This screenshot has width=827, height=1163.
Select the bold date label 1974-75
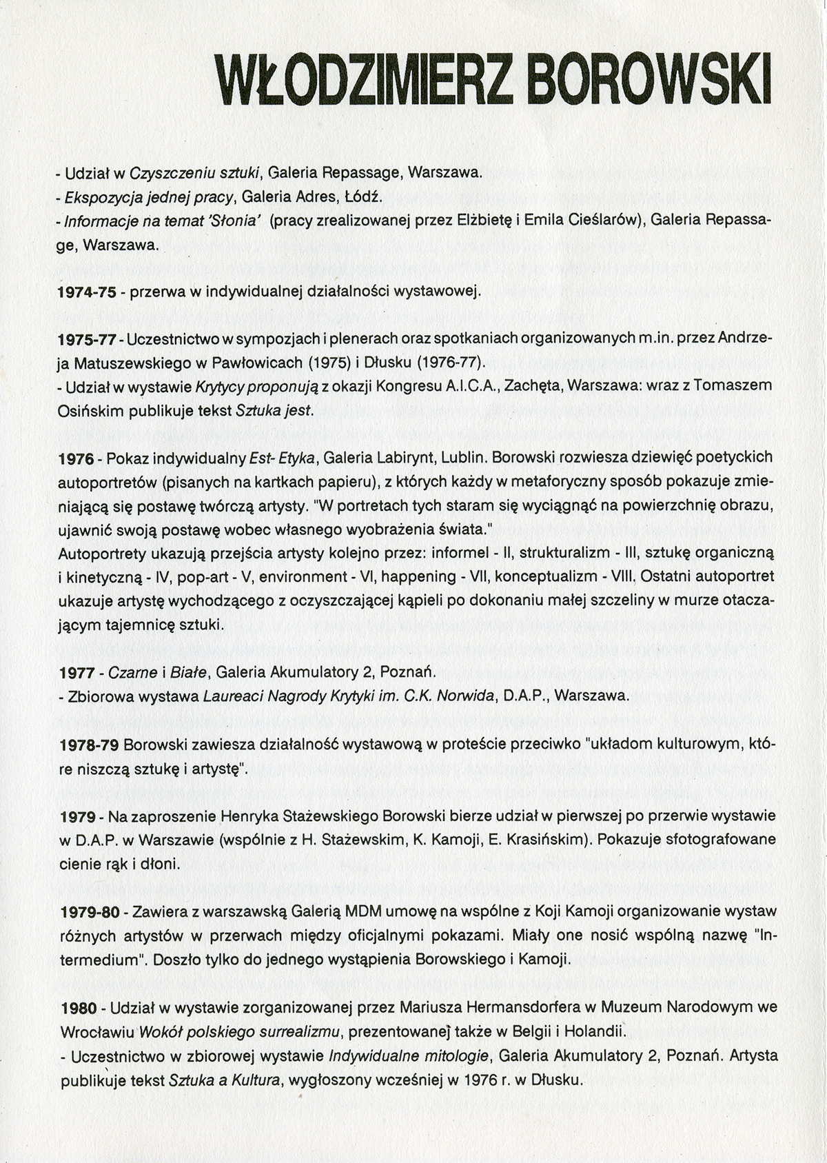coord(86,292)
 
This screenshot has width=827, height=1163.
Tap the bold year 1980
coord(77,1008)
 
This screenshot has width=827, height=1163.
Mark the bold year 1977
coord(77,673)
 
